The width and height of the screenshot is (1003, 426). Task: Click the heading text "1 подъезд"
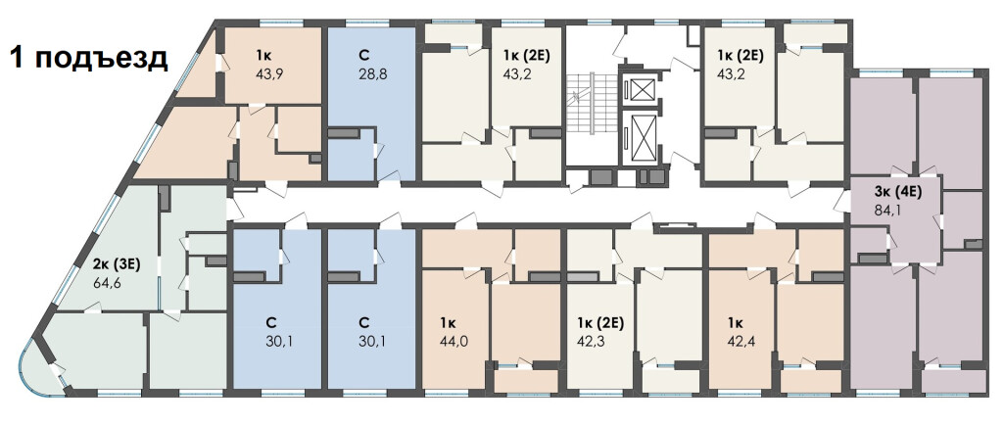(x=88, y=58)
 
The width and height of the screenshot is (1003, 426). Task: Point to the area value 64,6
(x=108, y=282)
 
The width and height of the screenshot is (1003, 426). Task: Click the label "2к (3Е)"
(x=107, y=261)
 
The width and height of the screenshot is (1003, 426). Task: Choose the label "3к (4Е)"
(x=898, y=190)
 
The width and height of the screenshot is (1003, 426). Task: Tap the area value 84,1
(x=888, y=209)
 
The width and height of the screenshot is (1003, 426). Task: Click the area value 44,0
(x=454, y=341)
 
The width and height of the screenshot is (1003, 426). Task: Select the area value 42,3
(x=591, y=341)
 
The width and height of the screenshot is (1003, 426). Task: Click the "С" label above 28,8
(x=364, y=55)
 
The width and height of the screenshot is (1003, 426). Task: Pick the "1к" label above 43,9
(x=263, y=55)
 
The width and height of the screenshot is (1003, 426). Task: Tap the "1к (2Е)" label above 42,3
(x=600, y=322)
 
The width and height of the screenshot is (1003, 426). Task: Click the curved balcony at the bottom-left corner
(x=37, y=375)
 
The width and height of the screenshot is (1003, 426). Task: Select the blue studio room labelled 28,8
(x=372, y=103)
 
